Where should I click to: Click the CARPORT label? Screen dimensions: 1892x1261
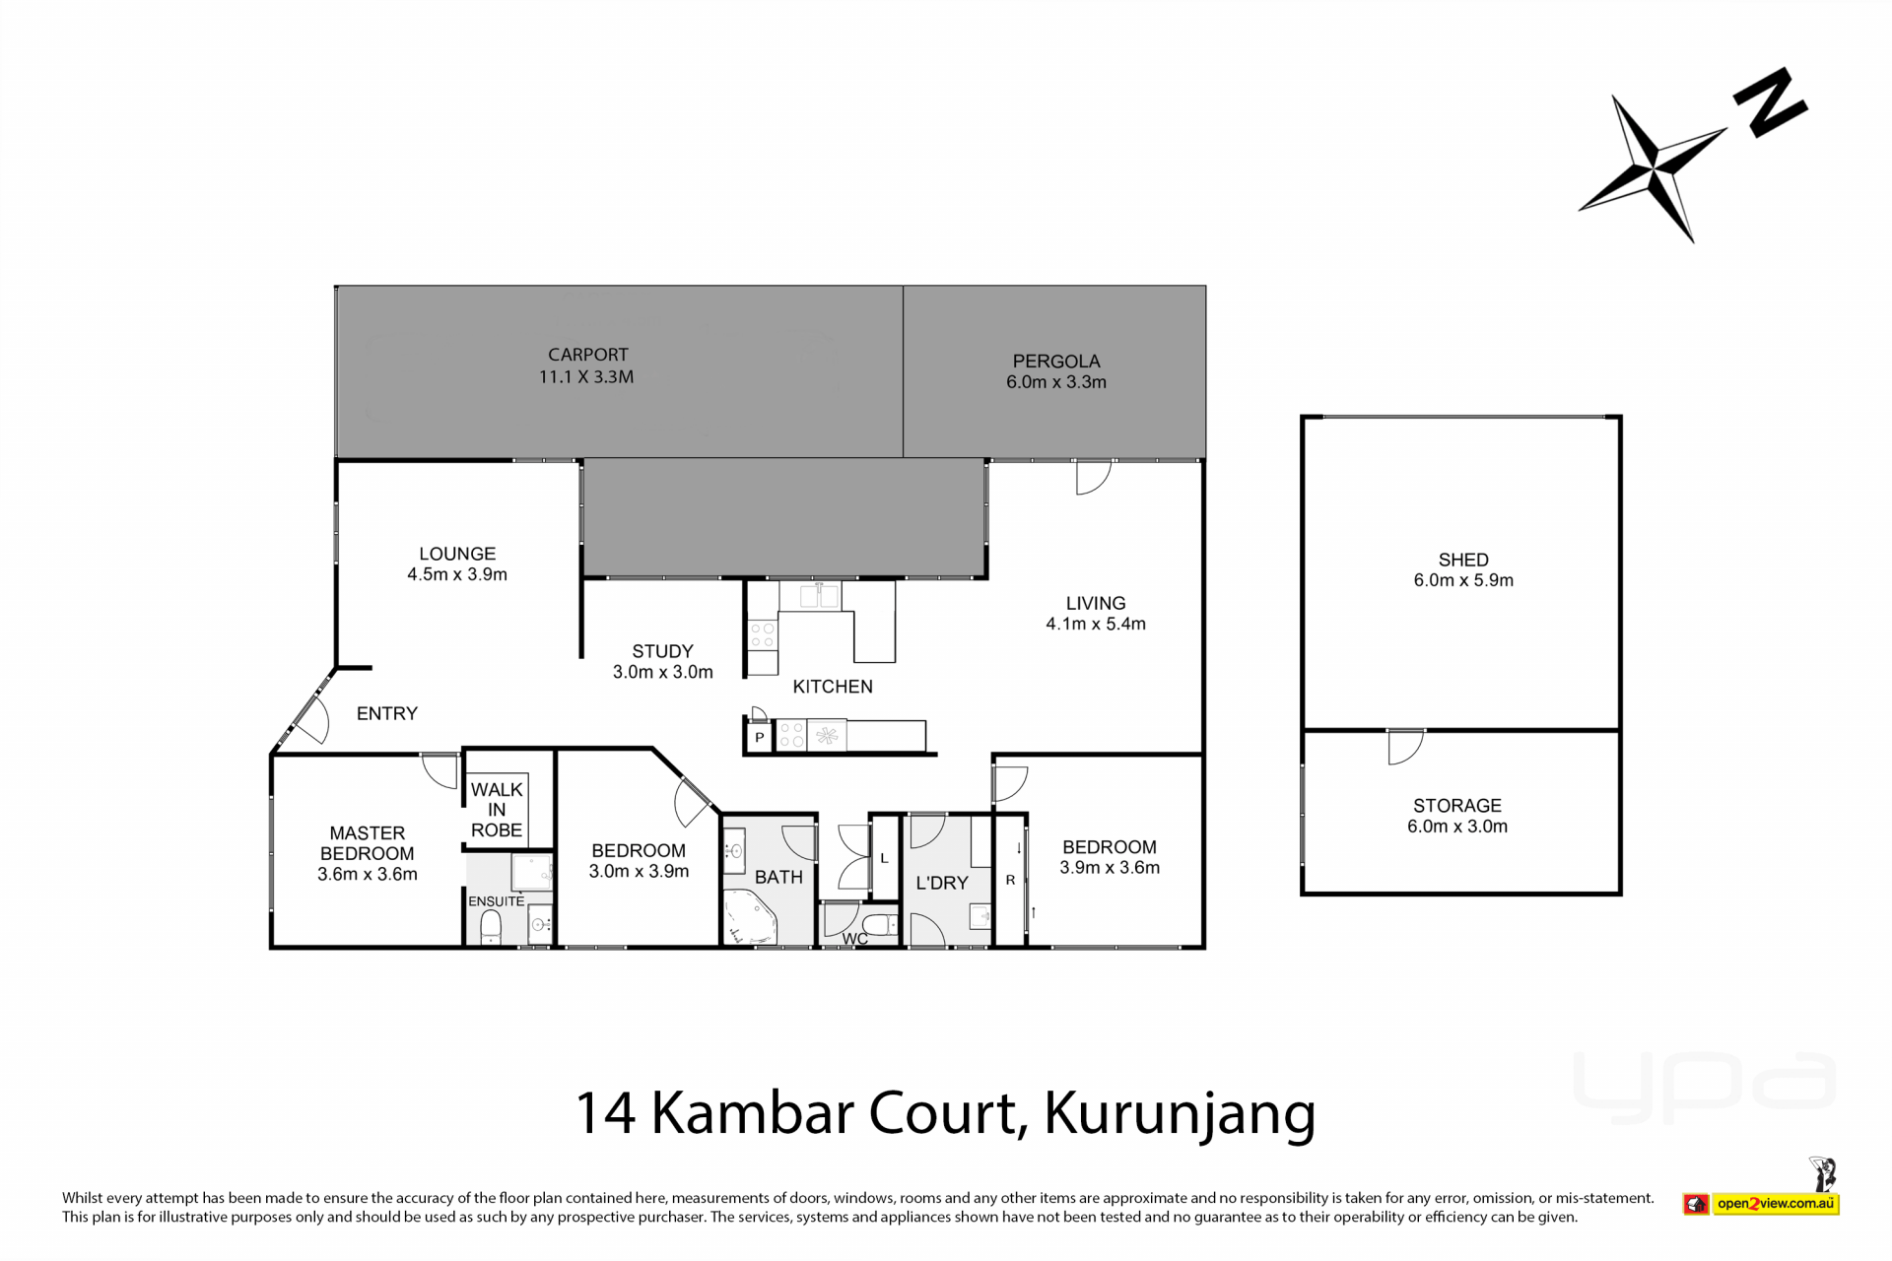point(587,365)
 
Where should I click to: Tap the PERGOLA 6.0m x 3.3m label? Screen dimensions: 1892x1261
point(1056,371)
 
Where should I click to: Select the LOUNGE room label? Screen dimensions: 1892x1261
point(457,564)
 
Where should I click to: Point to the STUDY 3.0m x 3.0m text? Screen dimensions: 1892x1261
point(662,661)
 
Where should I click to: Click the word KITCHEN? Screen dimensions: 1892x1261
point(833,687)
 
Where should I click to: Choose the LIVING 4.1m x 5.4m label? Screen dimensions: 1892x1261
point(1096,613)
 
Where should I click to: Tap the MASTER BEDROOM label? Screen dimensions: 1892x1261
point(367,853)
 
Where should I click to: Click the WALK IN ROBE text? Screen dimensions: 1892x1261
point(497,810)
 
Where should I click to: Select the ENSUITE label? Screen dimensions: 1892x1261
point(497,901)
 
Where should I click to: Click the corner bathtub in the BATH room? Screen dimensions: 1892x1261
point(749,918)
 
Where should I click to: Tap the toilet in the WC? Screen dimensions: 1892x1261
point(879,924)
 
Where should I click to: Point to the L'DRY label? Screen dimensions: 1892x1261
point(942,883)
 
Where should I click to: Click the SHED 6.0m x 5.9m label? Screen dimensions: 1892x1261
point(1463,569)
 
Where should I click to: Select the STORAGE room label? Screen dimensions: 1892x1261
point(1457,816)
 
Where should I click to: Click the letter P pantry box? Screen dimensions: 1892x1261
point(760,737)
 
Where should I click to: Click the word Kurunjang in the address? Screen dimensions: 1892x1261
point(1181,1113)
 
